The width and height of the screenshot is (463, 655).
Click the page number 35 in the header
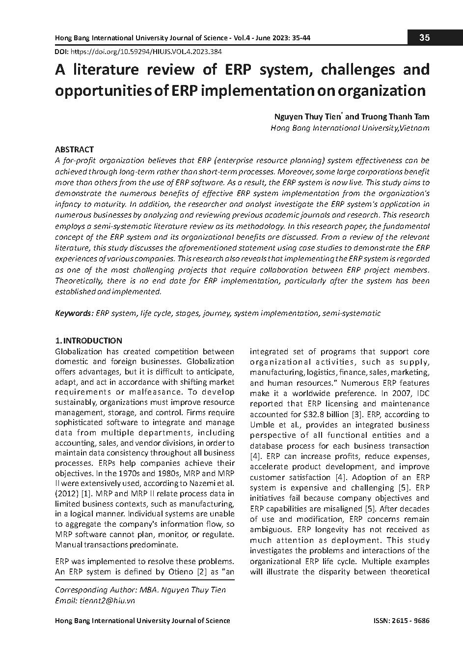[x=425, y=38]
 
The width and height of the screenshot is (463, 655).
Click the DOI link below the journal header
[x=147, y=51]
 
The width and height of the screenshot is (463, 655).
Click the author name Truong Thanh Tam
[x=395, y=116]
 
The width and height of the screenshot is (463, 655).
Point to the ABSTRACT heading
[x=74, y=149]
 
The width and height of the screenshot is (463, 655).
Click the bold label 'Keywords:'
[x=74, y=313]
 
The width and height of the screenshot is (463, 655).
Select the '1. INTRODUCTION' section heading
[x=88, y=341]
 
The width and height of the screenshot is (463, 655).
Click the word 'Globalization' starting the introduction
[x=79, y=351]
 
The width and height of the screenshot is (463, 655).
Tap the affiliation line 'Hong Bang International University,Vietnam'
[x=350, y=128]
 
